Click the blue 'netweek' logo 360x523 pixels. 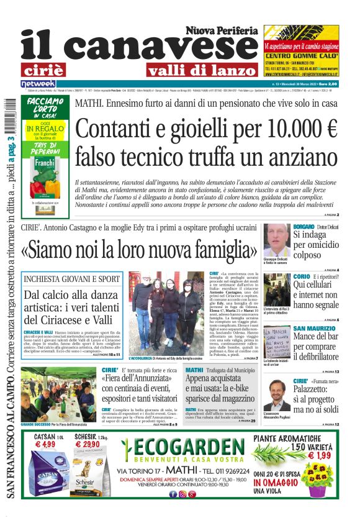38,83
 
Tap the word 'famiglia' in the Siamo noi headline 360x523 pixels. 218,250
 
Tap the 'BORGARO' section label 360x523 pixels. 304,227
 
